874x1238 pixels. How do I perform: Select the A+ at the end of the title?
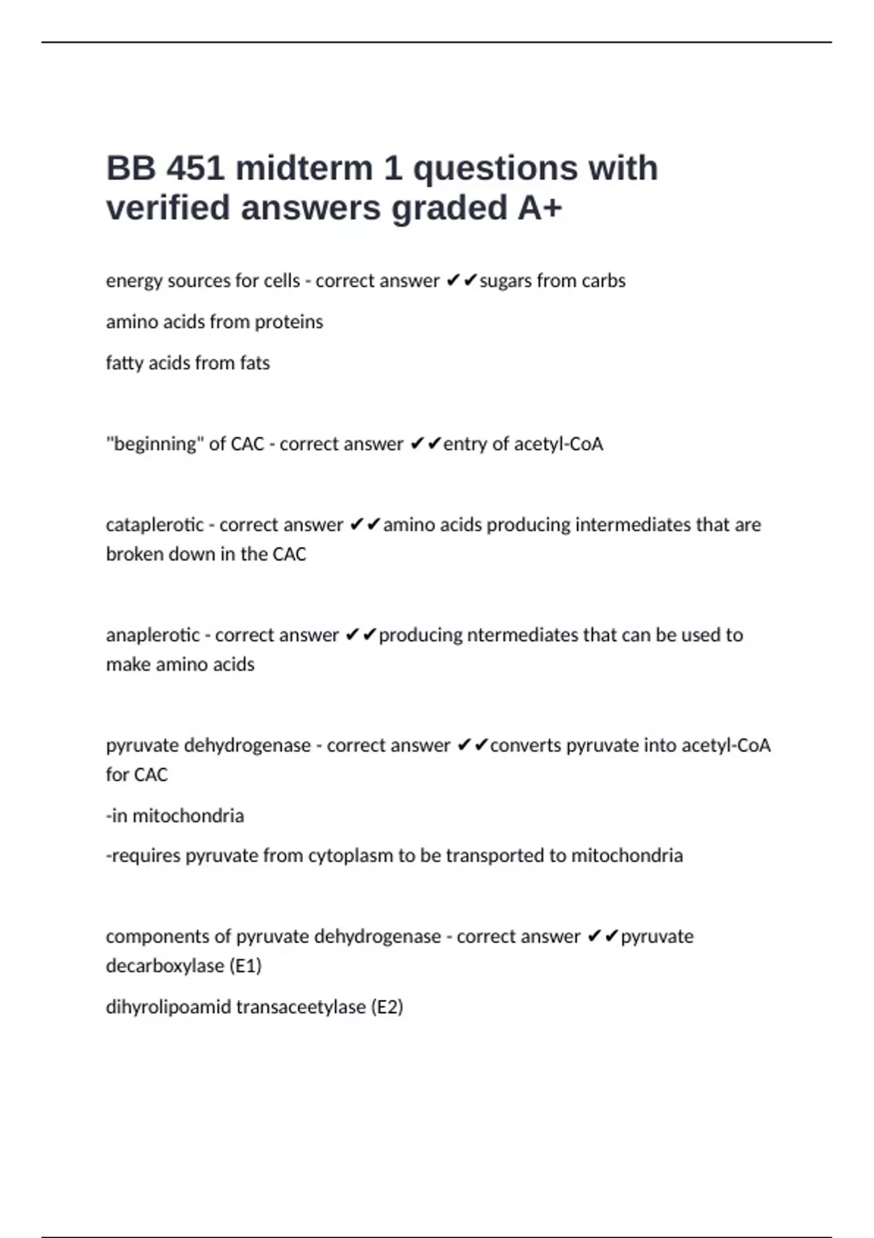[x=540, y=208]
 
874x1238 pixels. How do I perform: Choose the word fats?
[x=254, y=363]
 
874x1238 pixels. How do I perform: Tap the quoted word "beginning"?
[x=154, y=443]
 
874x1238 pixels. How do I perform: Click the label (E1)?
[x=245, y=966]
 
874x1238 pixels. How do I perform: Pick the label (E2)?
[x=387, y=1006]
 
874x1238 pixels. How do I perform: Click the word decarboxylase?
[x=165, y=966]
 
